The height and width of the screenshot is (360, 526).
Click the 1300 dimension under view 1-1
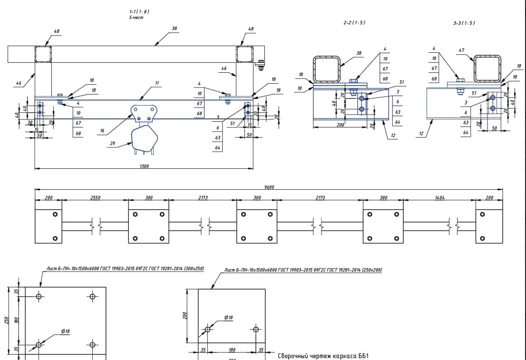tap(144, 166)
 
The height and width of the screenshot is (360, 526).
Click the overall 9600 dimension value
tap(269, 187)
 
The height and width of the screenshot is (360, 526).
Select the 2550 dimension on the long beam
tap(95, 197)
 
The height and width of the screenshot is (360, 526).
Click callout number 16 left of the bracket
tap(102, 130)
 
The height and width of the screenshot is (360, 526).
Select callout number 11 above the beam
tap(156, 83)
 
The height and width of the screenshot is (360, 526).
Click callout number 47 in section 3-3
tap(461, 50)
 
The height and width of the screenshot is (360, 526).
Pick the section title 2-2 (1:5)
tap(354, 23)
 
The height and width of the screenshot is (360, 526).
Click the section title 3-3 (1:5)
tap(464, 23)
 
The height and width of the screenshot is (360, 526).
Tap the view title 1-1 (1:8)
tap(136, 11)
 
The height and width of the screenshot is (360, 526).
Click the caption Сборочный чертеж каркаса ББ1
tap(323, 356)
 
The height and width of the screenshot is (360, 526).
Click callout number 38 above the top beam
tap(174, 29)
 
